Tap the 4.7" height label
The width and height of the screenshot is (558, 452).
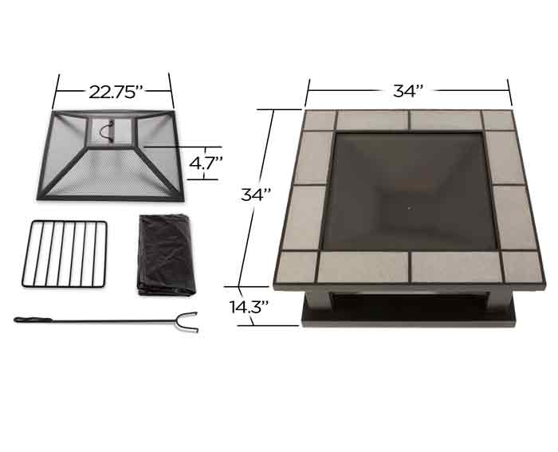pyautogui.click(x=206, y=163)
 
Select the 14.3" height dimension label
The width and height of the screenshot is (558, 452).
pyautogui.click(x=249, y=307)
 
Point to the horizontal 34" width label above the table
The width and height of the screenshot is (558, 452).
pyautogui.click(x=408, y=91)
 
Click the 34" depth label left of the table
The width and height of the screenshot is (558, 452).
pyautogui.click(x=256, y=195)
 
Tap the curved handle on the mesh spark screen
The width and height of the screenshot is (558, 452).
pyautogui.click(x=108, y=131)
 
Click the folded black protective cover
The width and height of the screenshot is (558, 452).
pyautogui.click(x=166, y=255)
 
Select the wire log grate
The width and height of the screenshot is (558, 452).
pyautogui.click(x=65, y=254)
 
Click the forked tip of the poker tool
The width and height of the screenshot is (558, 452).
pyautogui.click(x=188, y=322)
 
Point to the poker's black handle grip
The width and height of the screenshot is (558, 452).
pyautogui.click(x=33, y=320)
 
